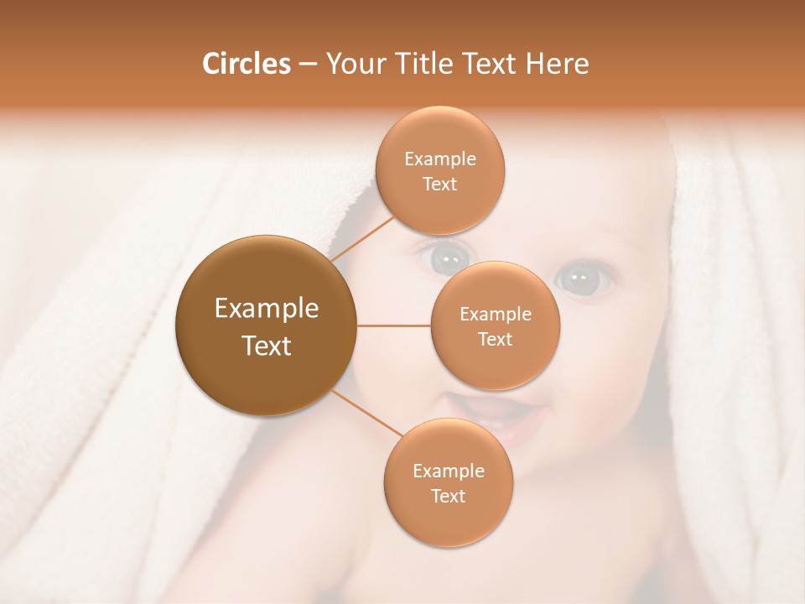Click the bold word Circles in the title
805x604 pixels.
tap(246, 64)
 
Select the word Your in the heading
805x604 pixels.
tap(355, 64)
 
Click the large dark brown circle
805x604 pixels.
tap(266, 325)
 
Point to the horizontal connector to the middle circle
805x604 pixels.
tap(394, 325)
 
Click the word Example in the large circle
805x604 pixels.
tap(266, 309)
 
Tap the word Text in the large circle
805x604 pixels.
tap(266, 345)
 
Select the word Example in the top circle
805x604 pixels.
tap(439, 159)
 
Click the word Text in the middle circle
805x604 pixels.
tap(495, 339)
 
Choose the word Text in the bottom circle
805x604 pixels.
tap(448, 496)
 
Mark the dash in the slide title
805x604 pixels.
tap(308, 65)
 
